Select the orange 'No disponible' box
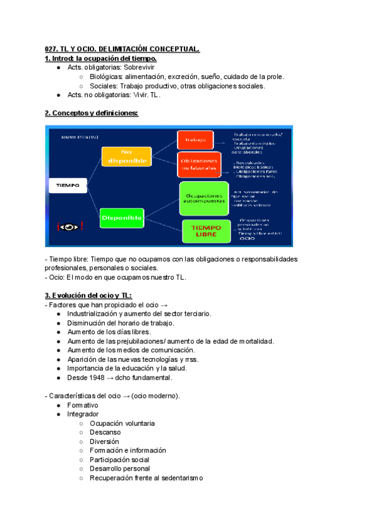(127, 157)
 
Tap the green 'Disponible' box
(122, 218)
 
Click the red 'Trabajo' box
(195, 140)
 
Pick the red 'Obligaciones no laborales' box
(199, 164)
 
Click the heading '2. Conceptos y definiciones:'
(91, 113)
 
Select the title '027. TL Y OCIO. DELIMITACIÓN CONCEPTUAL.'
(122, 49)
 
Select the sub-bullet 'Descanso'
(105, 432)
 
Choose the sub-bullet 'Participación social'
(120, 460)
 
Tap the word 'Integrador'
(82, 414)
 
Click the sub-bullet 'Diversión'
(104, 441)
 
